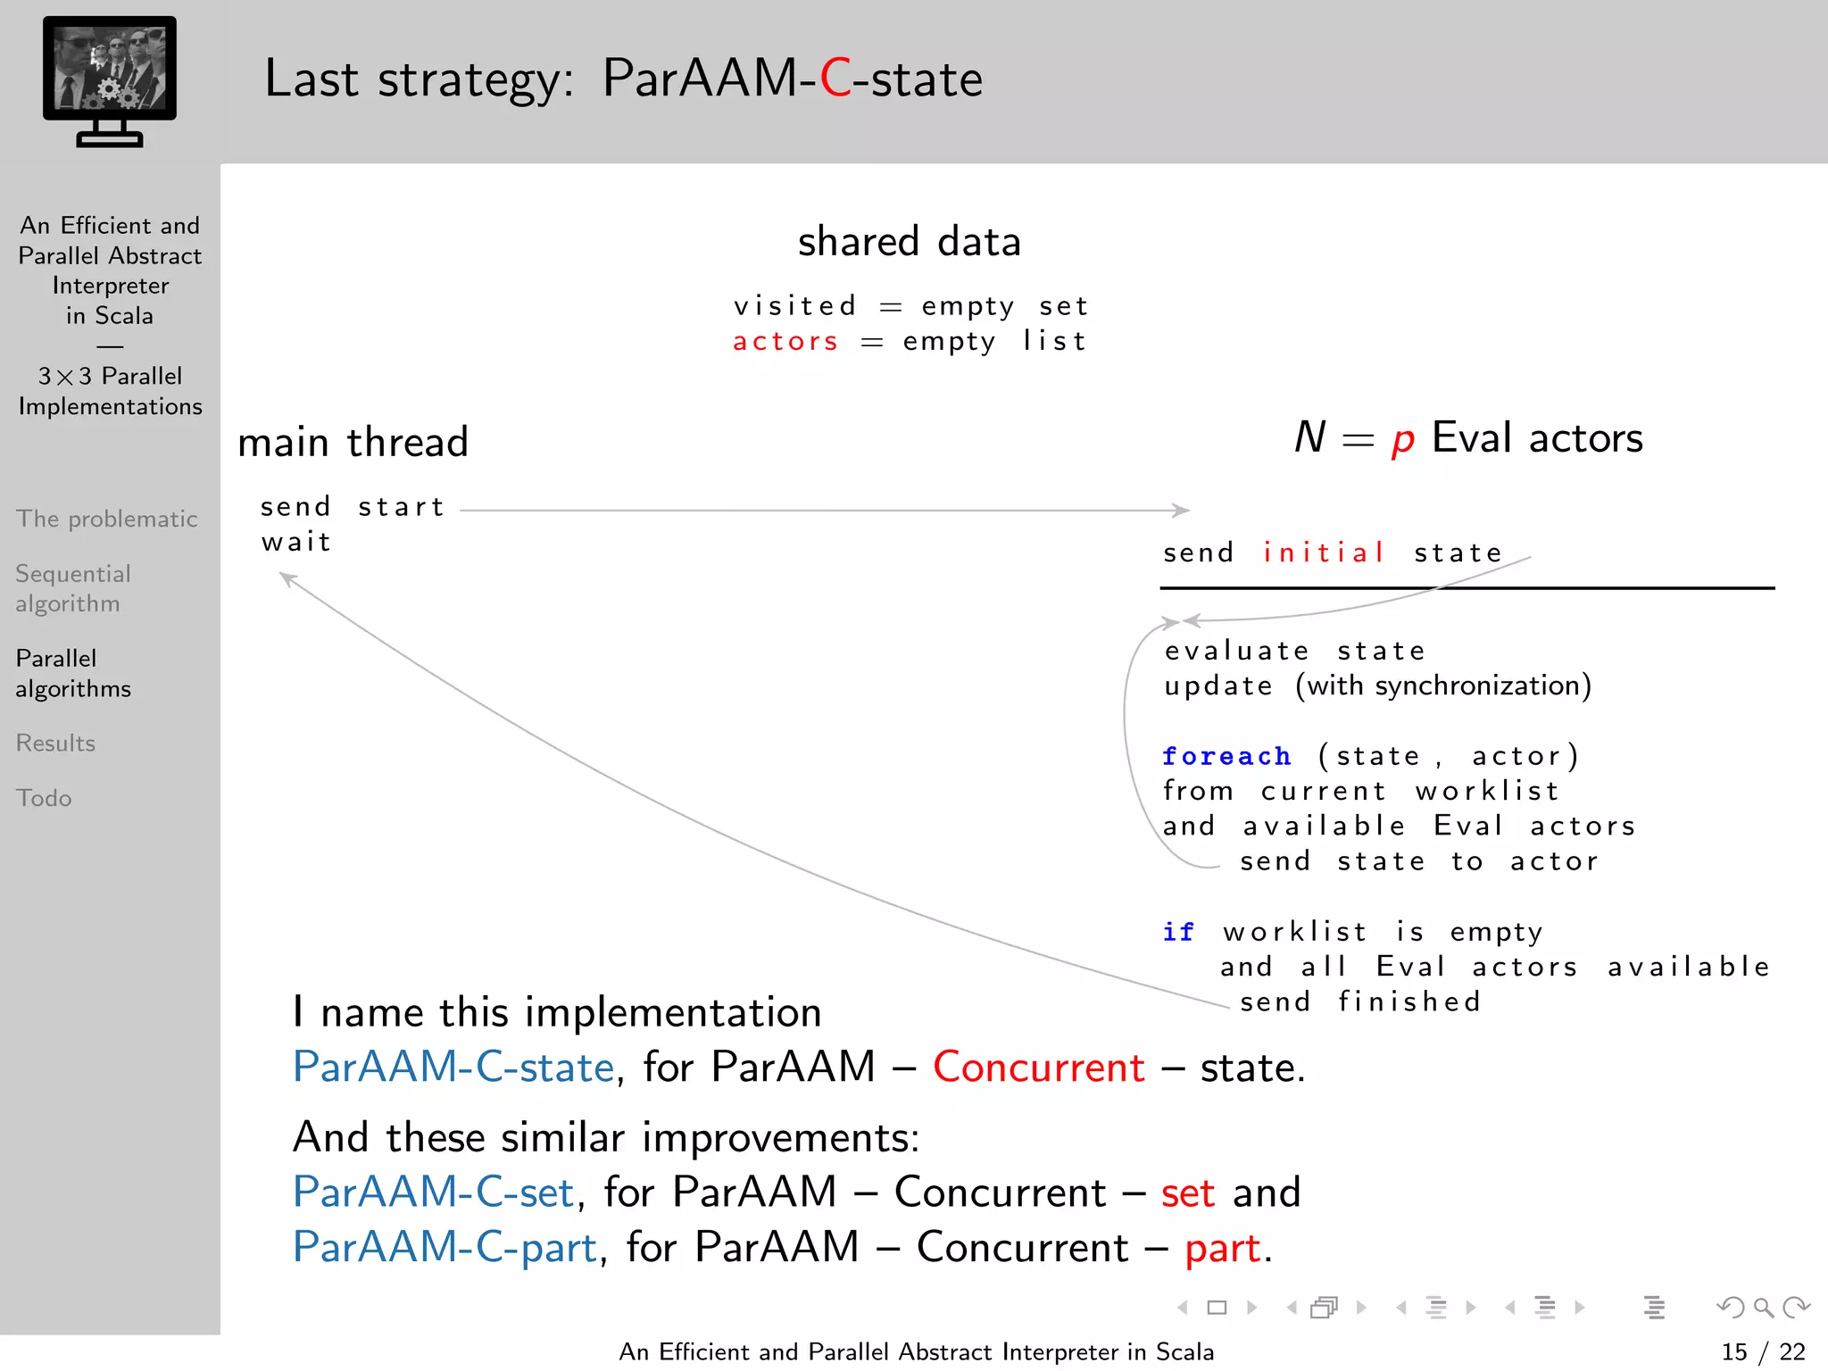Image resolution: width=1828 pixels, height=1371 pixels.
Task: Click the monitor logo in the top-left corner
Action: (x=109, y=80)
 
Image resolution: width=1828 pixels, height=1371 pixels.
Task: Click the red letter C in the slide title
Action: (x=835, y=79)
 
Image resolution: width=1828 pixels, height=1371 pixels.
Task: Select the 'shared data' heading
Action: (x=909, y=242)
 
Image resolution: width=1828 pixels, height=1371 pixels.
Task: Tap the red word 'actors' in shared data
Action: (x=785, y=342)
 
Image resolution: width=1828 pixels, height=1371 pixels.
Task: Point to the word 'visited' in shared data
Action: (x=794, y=306)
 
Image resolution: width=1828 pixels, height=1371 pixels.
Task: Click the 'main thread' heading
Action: (x=353, y=443)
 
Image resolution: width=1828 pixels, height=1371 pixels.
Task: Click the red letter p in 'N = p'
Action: (x=1402, y=440)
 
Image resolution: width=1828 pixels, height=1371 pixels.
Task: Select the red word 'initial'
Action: (x=1324, y=553)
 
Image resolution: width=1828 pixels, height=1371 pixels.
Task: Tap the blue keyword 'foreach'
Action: (x=1226, y=757)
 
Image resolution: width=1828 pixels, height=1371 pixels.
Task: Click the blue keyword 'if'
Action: (x=1178, y=933)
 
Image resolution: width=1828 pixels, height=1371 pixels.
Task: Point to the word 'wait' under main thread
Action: (x=296, y=543)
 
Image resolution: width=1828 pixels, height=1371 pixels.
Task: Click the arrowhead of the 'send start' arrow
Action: (x=1183, y=511)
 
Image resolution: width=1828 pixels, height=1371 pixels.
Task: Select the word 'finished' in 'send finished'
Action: (x=1409, y=1002)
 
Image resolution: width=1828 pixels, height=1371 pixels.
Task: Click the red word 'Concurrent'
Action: (x=1038, y=1068)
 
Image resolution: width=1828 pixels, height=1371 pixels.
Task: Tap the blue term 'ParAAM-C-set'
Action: (x=433, y=1192)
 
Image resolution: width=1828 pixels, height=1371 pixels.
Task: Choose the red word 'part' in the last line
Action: (x=1223, y=1248)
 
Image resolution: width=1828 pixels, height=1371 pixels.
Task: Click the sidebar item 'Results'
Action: (x=55, y=744)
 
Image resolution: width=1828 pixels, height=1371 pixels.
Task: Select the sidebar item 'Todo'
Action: (x=44, y=798)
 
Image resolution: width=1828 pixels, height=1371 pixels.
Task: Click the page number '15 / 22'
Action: (x=1762, y=1352)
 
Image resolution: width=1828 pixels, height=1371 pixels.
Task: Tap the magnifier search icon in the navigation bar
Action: (x=1763, y=1309)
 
